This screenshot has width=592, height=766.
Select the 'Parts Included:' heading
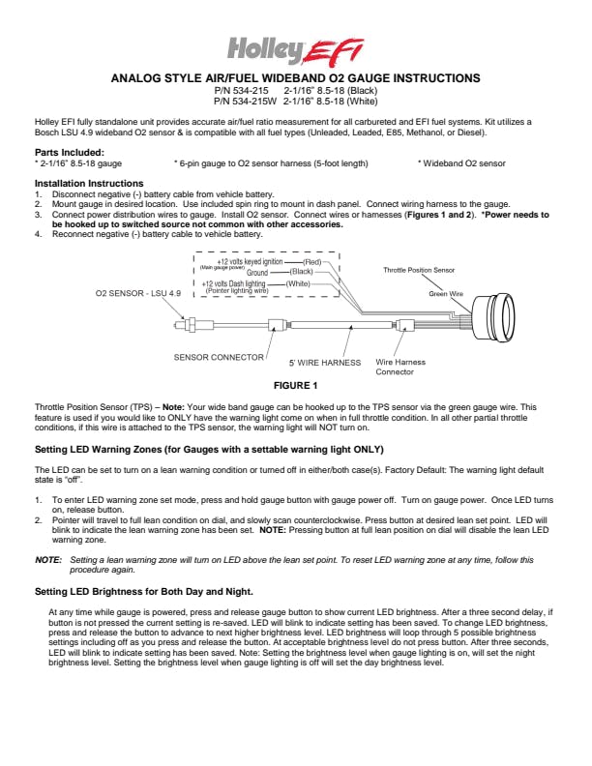[70, 153]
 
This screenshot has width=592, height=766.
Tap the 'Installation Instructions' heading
[89, 183]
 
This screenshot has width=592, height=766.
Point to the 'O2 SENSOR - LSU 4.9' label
[137, 292]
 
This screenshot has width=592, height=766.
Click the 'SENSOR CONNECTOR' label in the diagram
[219, 356]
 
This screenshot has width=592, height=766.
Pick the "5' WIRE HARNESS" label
[325, 364]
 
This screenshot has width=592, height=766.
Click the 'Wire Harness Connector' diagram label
[395, 368]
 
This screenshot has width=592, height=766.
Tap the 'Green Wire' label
[446, 292]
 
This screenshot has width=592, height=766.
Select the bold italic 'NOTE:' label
[48, 560]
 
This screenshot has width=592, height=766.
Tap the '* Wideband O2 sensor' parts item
[461, 164]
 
